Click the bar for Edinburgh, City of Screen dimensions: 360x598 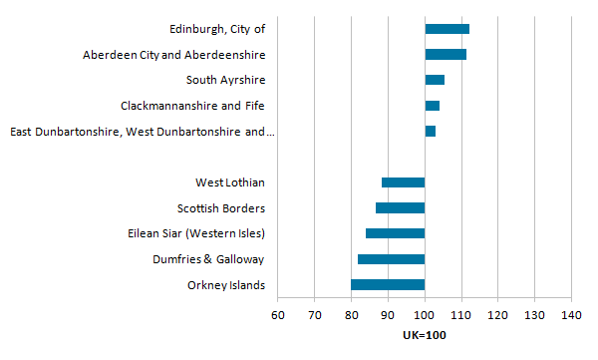coord(447,29)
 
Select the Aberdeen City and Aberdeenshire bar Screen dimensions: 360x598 coord(446,55)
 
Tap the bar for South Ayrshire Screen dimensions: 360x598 coord(435,80)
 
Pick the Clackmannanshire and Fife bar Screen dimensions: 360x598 coord(432,106)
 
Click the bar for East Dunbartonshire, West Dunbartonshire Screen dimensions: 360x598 coord(430,132)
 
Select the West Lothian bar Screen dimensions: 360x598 coord(403,182)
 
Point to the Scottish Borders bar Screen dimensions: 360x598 coord(400,208)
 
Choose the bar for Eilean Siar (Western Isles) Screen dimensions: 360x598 coord(395,233)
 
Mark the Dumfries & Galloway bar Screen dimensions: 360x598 coord(391,259)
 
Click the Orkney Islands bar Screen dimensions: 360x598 coord(388,285)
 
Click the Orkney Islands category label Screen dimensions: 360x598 coord(226,286)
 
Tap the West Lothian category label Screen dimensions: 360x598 coord(230,182)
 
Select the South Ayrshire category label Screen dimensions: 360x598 coord(225,80)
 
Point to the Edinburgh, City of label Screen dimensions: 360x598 coord(217,29)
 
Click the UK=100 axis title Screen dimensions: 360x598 coord(425,334)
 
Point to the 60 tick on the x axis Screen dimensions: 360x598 coord(278,316)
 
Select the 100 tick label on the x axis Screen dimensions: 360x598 coord(425,316)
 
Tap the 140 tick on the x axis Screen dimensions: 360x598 coord(571,316)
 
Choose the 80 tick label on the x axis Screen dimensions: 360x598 coord(351,316)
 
